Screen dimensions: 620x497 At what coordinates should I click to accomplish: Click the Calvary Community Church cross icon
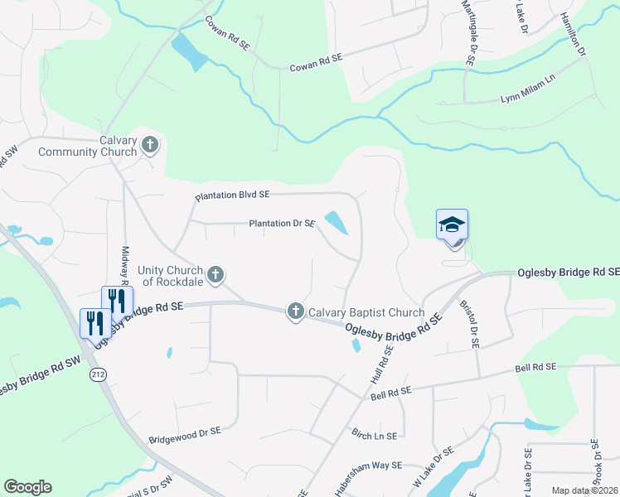click(x=150, y=146)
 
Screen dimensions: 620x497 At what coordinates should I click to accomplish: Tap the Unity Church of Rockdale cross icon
click(x=216, y=274)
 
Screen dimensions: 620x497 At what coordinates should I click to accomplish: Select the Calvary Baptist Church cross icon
click(x=295, y=311)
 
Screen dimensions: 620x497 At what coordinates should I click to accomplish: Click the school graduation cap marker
click(x=452, y=224)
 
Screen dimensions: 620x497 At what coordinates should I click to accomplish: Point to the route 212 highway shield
click(x=98, y=374)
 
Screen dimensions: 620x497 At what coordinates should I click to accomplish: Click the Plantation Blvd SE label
click(x=232, y=195)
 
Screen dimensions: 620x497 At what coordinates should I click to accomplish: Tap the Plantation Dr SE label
click(x=282, y=224)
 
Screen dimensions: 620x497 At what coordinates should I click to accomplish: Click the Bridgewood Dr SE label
click(x=185, y=432)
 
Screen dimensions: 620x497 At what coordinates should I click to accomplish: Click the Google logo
click(x=28, y=487)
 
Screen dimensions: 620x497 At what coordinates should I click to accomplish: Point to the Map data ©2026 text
click(x=584, y=490)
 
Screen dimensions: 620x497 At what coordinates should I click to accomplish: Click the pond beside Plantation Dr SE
click(x=337, y=222)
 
